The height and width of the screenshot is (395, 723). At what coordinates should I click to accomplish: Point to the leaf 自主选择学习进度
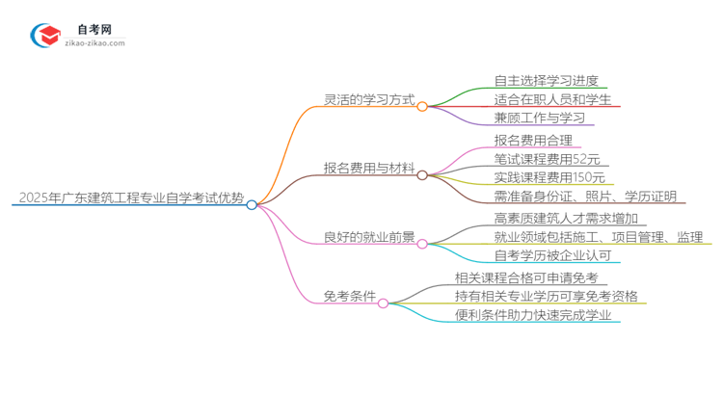pos(538,81)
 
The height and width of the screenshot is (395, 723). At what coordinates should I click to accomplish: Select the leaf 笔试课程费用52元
pos(547,160)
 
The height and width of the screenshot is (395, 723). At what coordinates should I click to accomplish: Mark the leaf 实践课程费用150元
pos(549,178)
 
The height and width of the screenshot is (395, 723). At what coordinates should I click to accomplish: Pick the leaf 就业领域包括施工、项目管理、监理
pos(597,237)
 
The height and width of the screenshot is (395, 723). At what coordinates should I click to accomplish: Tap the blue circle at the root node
pos(252,204)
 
